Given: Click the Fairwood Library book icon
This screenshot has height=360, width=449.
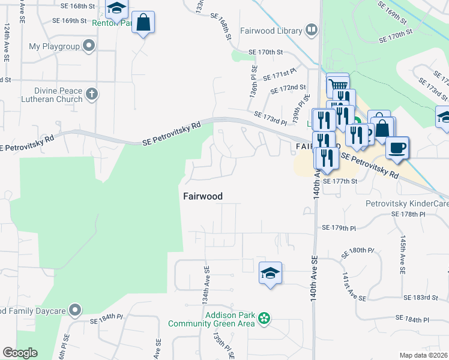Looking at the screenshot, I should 312,29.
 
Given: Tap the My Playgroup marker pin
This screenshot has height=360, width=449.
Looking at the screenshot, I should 89,46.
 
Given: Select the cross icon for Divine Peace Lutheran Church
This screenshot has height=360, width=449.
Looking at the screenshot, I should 91,94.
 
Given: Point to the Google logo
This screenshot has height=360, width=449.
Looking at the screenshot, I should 20,353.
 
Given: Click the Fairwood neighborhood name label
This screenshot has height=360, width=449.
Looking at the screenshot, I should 202,196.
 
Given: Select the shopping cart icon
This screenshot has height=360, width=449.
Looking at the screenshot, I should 338,84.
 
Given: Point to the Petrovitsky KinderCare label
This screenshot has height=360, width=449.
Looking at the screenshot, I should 407,204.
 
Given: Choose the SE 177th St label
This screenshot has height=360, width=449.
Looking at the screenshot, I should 340,181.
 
